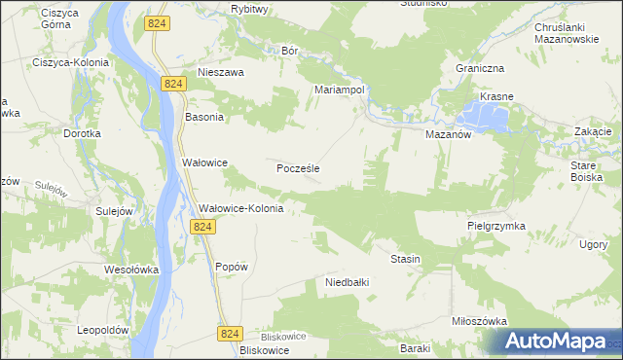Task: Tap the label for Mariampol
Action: coord(339,89)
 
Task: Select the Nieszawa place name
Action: coord(220,72)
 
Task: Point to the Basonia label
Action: coord(204,117)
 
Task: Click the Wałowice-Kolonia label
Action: coord(240,208)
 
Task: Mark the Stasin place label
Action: coord(405,259)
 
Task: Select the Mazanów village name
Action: coord(448,135)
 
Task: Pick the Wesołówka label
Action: coord(131,270)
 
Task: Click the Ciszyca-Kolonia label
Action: coord(70,62)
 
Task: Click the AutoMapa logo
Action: coord(556,342)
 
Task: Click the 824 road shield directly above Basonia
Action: coord(174,85)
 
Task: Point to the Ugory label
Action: coord(593,244)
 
